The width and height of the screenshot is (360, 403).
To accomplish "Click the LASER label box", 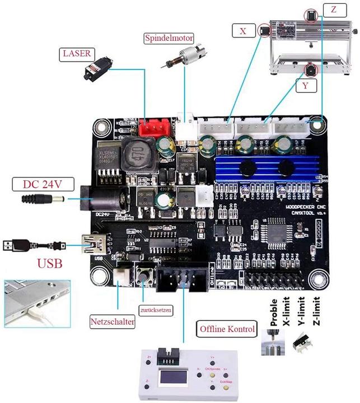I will (x=77, y=54).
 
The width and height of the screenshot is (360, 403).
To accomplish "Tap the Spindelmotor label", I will (x=169, y=39).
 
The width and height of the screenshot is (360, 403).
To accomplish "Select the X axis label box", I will (x=242, y=31).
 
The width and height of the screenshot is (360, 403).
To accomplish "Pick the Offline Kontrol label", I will (x=227, y=329).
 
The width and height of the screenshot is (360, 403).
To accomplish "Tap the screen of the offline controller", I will (x=173, y=377).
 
